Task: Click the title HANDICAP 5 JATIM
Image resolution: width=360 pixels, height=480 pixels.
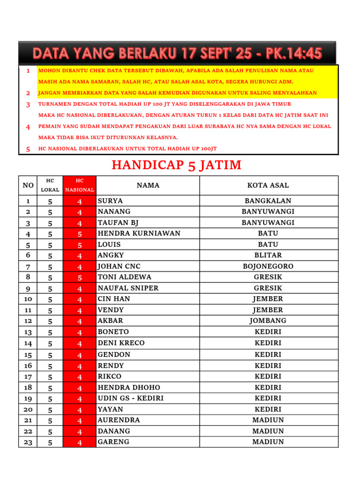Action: click(x=176, y=165)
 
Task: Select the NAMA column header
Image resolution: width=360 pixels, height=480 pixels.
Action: click(x=148, y=186)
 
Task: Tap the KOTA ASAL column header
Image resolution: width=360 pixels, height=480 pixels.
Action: click(x=268, y=186)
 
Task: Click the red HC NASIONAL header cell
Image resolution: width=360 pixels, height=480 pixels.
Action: click(x=80, y=185)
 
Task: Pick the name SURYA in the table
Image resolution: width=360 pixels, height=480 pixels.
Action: click(x=109, y=201)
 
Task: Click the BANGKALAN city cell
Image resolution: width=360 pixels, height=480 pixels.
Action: click(x=268, y=201)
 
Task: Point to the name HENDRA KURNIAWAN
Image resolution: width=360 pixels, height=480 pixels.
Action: click(x=139, y=233)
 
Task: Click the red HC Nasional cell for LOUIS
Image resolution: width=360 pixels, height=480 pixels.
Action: click(x=80, y=245)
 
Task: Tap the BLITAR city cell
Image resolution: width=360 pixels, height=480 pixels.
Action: click(x=268, y=255)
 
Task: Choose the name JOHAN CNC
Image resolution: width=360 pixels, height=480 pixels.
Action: click(x=119, y=266)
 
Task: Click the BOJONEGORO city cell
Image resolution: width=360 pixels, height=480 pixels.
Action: click(x=268, y=266)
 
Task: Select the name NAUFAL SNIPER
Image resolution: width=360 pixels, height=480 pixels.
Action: click(x=128, y=288)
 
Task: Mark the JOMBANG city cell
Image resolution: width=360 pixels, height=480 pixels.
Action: click(x=268, y=321)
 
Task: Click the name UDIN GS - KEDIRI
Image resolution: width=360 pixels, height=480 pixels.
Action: click(x=130, y=398)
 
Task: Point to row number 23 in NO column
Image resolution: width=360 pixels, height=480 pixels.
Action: click(x=28, y=442)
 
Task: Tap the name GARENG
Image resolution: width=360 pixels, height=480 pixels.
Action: click(x=113, y=442)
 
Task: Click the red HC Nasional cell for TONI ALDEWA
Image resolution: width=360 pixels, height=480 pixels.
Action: click(x=80, y=277)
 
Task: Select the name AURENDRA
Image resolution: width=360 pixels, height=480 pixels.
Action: click(x=119, y=420)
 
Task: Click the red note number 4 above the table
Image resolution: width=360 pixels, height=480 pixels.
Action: click(x=28, y=127)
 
